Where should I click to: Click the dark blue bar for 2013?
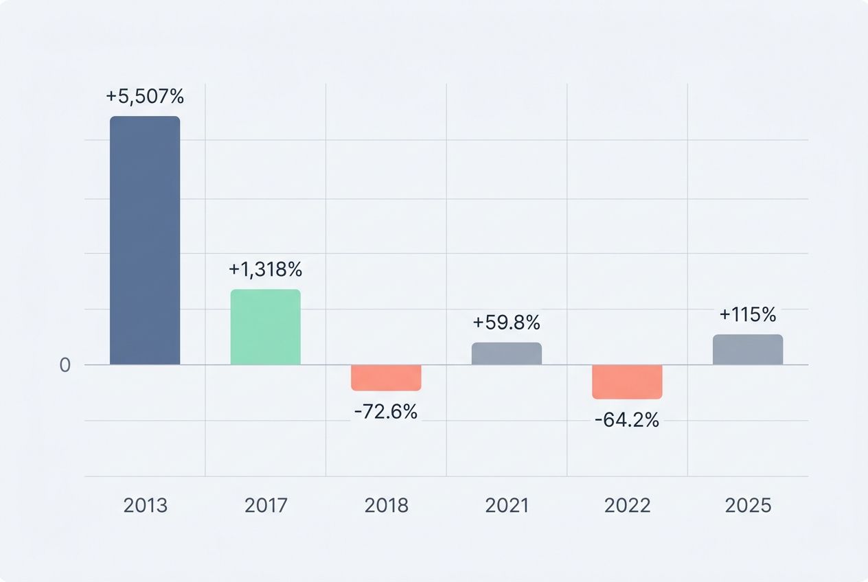(x=145, y=240)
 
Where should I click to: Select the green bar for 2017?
(x=265, y=327)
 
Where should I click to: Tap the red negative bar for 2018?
(x=386, y=377)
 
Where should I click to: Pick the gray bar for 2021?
(x=507, y=353)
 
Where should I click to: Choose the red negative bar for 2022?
(x=627, y=382)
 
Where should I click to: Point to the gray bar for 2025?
(x=748, y=349)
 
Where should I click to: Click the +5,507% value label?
(x=145, y=97)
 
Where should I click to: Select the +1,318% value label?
(x=265, y=270)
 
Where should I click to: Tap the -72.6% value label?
(x=386, y=412)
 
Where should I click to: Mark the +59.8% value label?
(x=507, y=322)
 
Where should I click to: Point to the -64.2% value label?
(x=627, y=420)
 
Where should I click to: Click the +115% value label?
(x=748, y=315)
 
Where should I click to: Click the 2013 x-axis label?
(x=145, y=506)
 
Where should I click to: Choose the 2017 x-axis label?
(x=265, y=506)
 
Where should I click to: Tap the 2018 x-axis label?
(x=386, y=506)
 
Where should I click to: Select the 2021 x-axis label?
(x=507, y=506)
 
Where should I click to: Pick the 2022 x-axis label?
(x=627, y=506)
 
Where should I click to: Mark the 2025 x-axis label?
(x=748, y=506)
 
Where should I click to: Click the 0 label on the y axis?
(x=65, y=365)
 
